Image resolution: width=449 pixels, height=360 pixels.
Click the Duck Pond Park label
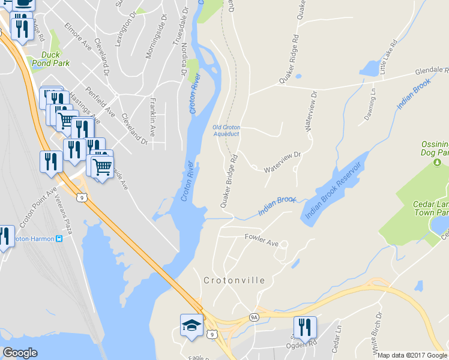pyautogui.click(x=51, y=59)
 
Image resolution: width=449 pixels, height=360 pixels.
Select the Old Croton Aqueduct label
pyautogui.click(x=226, y=130)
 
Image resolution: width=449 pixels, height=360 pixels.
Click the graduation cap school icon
pyautogui.click(x=191, y=325)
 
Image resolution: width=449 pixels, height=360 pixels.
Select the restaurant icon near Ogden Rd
pyautogui.click(x=304, y=326)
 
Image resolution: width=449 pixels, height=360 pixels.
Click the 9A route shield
pyautogui.click(x=254, y=316)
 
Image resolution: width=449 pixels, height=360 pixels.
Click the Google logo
pyautogui.click(x=20, y=353)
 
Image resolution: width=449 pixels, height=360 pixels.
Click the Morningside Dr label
pyautogui.click(x=154, y=42)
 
